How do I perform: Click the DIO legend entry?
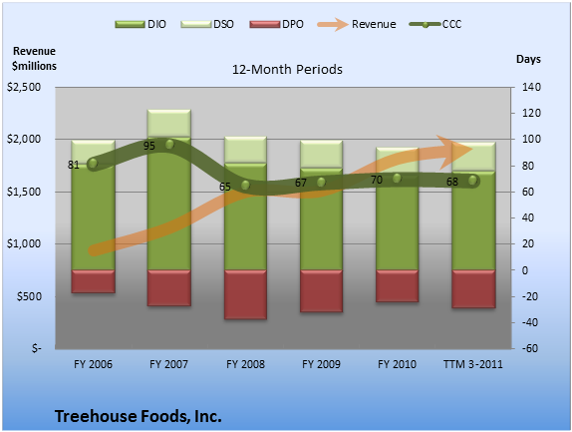tap(141, 25)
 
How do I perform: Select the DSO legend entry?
tap(207, 25)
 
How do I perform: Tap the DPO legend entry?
tap(276, 25)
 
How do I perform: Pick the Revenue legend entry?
tap(357, 25)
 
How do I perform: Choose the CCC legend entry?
tap(435, 25)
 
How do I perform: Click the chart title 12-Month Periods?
tap(287, 70)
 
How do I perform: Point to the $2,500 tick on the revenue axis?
tap(24, 87)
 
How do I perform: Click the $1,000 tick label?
tap(24, 243)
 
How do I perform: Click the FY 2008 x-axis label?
tap(245, 364)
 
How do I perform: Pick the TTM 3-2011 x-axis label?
tap(472, 364)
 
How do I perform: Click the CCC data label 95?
tap(149, 146)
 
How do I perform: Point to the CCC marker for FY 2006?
tap(93, 164)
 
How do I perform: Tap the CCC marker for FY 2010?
tap(397, 179)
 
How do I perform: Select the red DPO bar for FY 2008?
tap(245, 294)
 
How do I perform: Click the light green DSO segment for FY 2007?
tap(168, 123)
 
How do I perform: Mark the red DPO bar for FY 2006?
tap(93, 281)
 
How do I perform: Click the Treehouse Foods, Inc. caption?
tap(139, 416)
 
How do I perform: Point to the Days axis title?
tap(528, 59)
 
